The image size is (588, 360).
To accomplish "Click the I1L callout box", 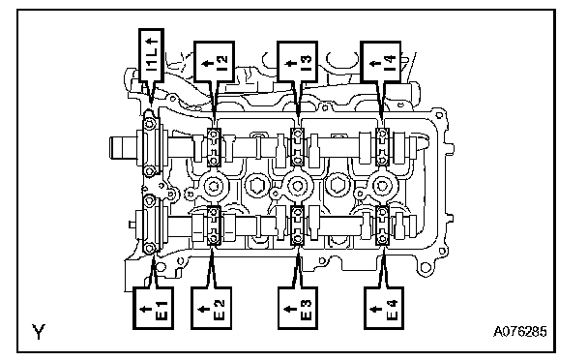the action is pyautogui.click(x=151, y=55).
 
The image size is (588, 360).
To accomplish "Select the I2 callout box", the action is pyautogui.click(x=214, y=62).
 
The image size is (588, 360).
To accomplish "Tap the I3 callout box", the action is pyautogui.click(x=297, y=62).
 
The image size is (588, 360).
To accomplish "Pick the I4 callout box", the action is pyautogui.click(x=381, y=62).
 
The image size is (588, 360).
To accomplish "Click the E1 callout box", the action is pyautogui.click(x=153, y=308).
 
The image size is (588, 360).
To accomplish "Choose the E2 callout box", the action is pyautogui.click(x=211, y=308).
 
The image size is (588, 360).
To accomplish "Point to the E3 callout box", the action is pyautogui.click(x=298, y=308).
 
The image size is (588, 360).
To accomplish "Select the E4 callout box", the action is pyautogui.click(x=384, y=308).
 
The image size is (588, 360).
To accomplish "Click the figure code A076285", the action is pyautogui.click(x=519, y=332).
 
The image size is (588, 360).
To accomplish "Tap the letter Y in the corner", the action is pyautogui.click(x=39, y=332).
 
